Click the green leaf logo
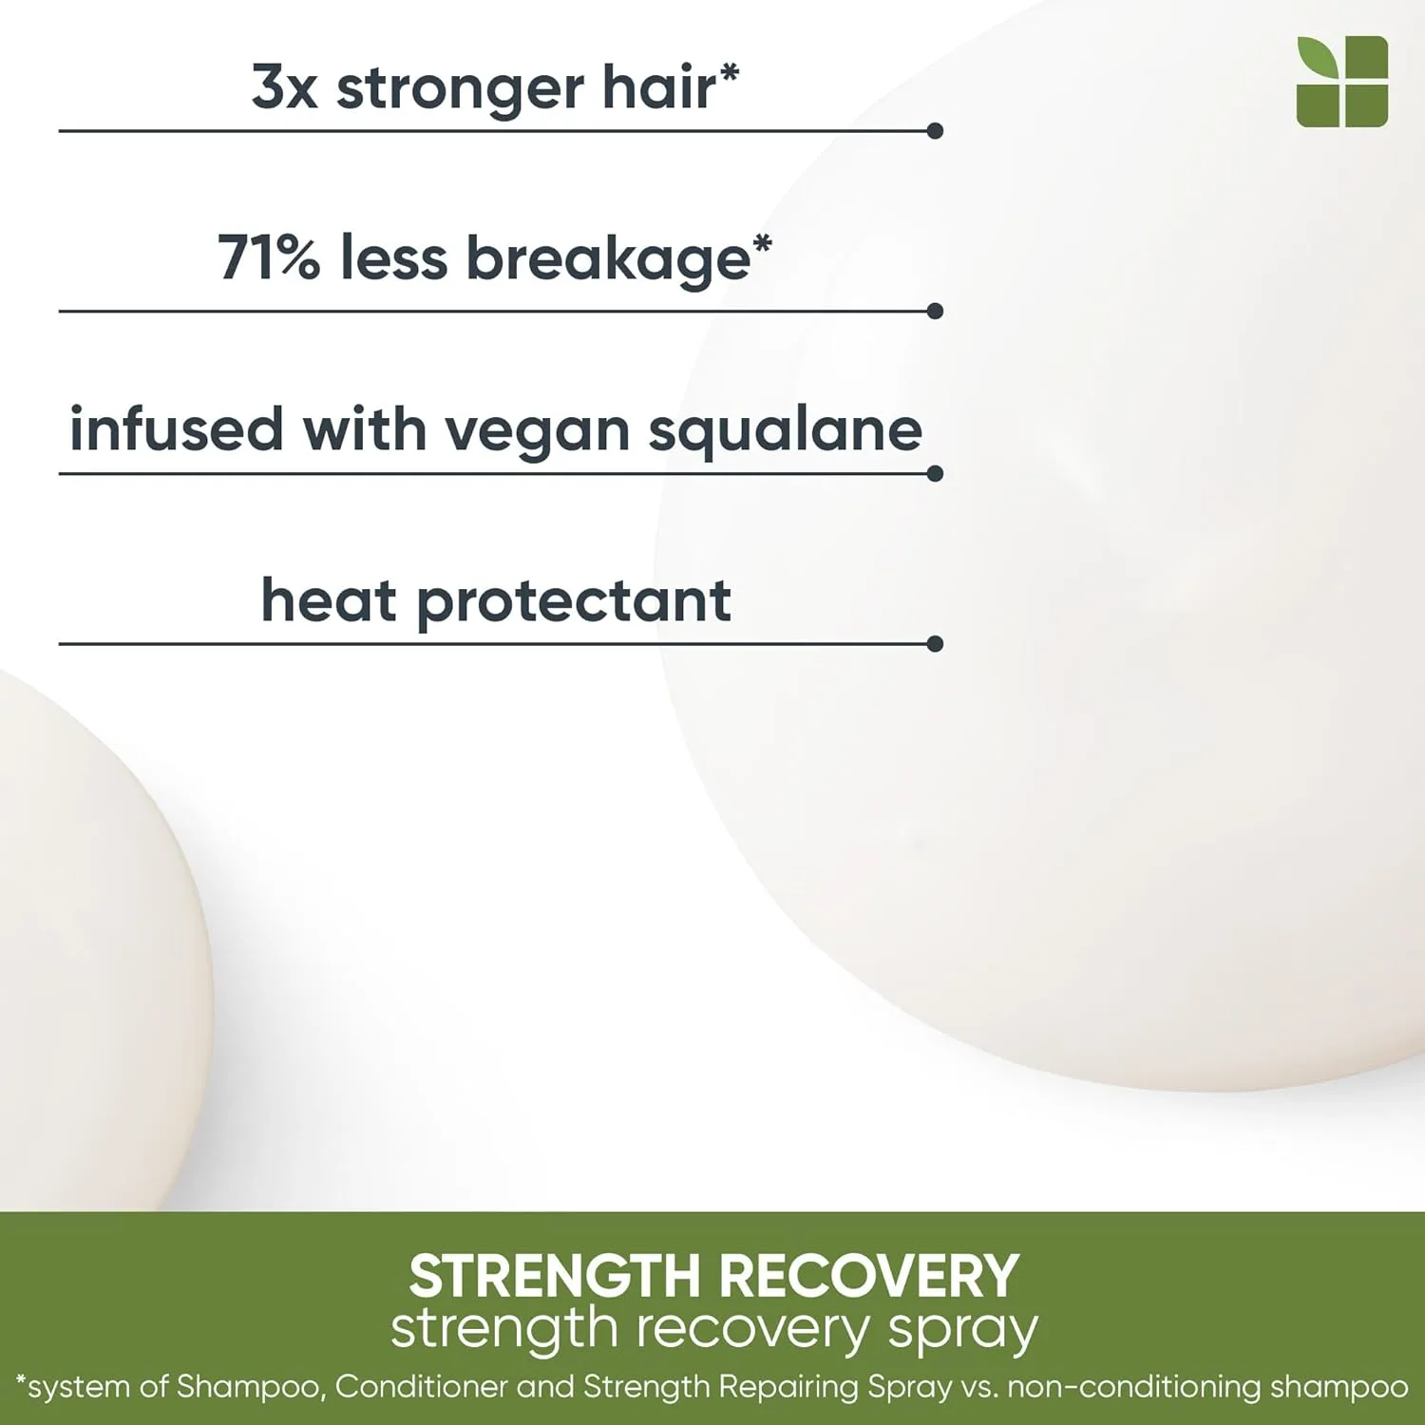click(1341, 82)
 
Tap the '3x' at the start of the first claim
click(284, 87)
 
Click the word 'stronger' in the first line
click(460, 91)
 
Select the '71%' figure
click(269, 258)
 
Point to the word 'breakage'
click(608, 261)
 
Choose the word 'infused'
click(177, 429)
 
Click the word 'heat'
click(329, 601)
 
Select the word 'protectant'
click(574, 604)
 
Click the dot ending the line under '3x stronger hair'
click(935, 131)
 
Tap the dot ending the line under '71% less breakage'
click(935, 311)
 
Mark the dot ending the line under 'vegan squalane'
click(935, 473)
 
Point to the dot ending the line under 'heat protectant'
click(935, 644)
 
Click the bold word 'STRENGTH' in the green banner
click(554, 1276)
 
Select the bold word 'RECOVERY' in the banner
click(868, 1276)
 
